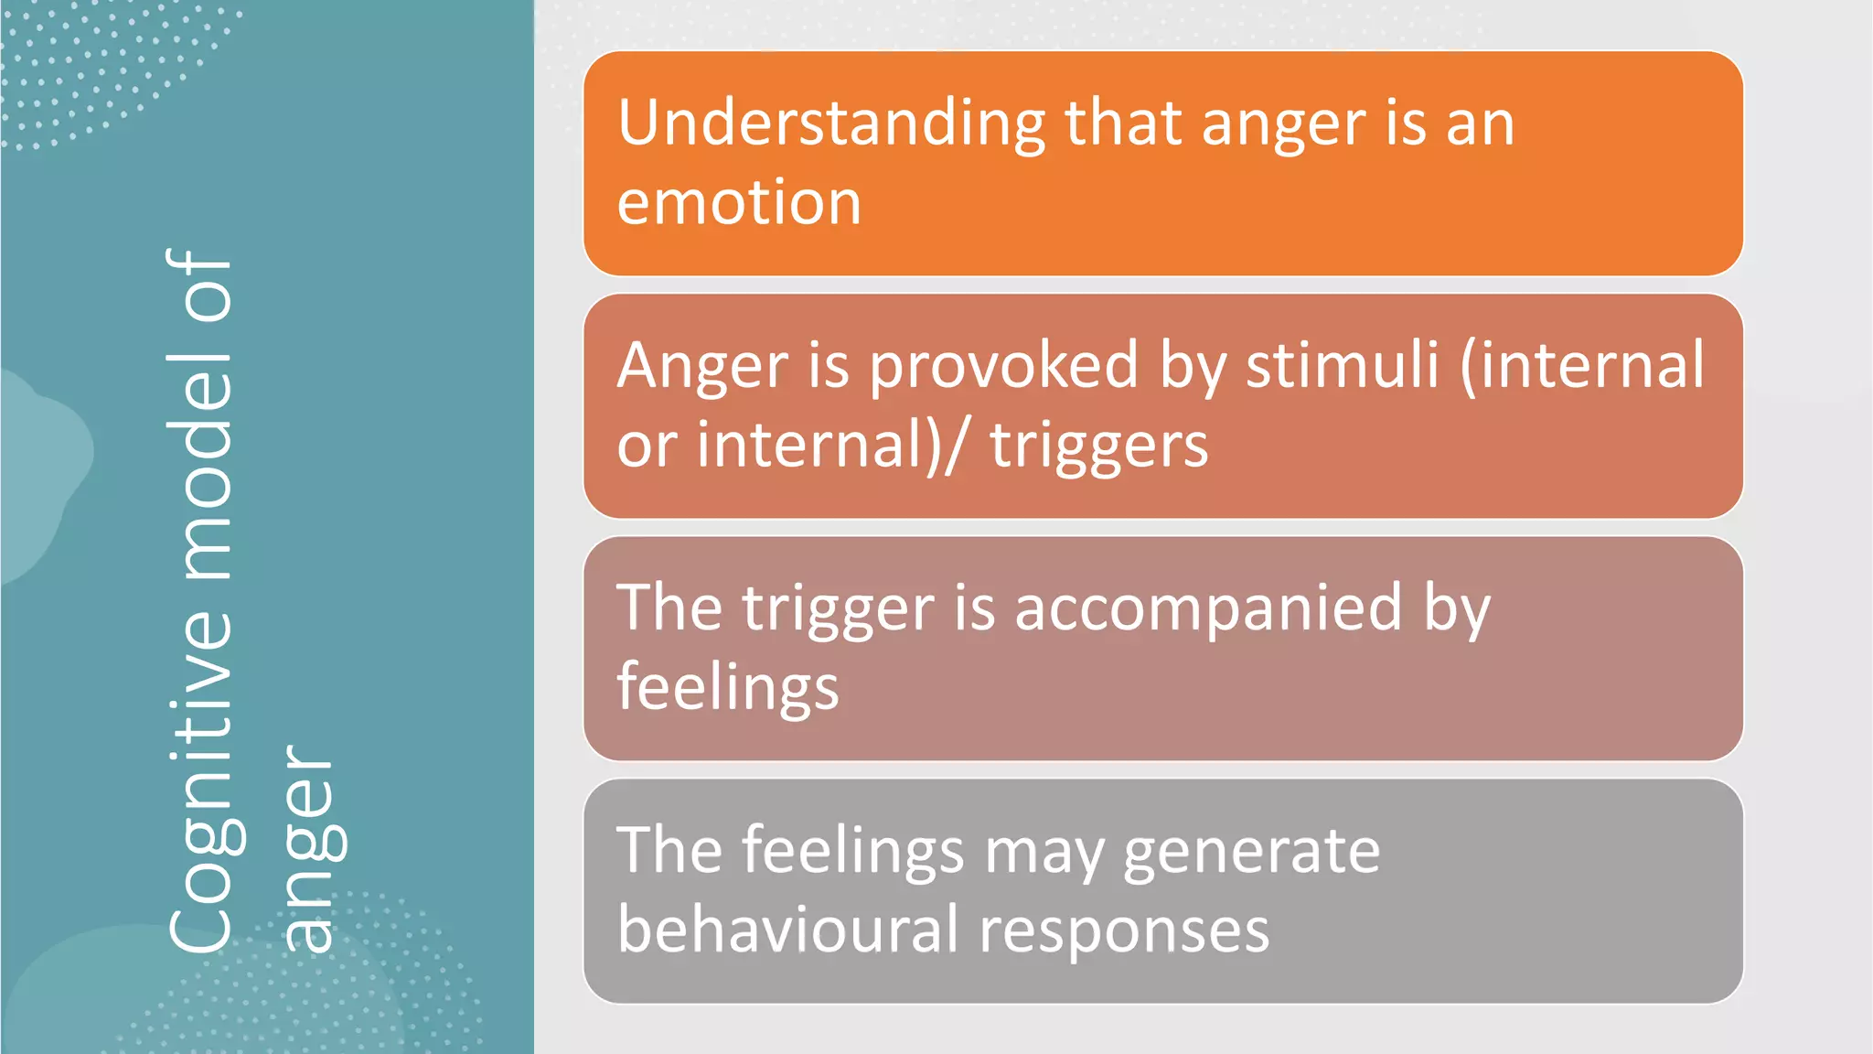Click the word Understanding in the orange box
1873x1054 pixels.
tap(830, 124)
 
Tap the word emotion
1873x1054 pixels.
tap(739, 202)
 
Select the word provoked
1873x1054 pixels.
tap(1003, 366)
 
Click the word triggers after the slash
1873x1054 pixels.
tap(1098, 446)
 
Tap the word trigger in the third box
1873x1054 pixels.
tap(837, 609)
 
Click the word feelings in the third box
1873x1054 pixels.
tap(727, 688)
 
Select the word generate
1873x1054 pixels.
tap(1250, 852)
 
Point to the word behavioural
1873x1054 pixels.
tap(787, 930)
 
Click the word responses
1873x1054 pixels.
tap(1124, 931)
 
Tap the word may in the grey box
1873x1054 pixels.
tap(1044, 853)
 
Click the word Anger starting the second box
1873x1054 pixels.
tap(701, 366)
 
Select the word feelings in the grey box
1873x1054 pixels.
tap(852, 852)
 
